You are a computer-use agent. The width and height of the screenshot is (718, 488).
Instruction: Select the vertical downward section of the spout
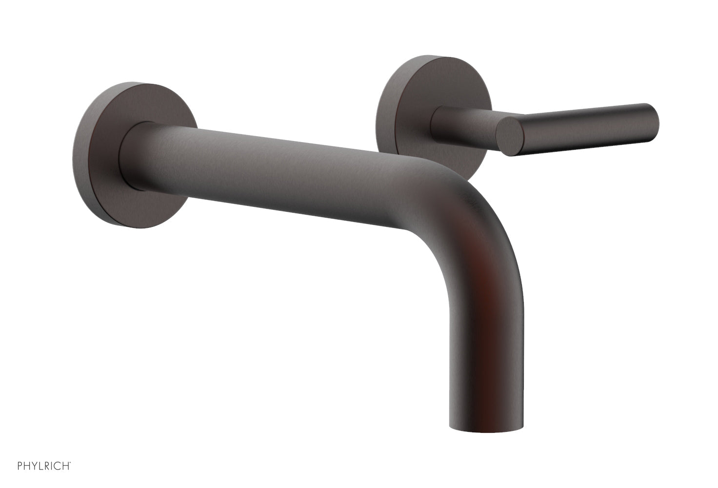click(485, 342)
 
